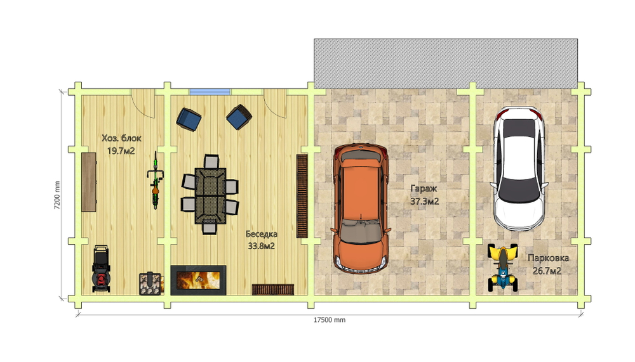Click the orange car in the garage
click(x=361, y=209)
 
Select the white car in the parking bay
click(x=519, y=168)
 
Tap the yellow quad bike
click(x=502, y=268)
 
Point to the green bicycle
click(x=155, y=180)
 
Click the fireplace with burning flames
click(x=198, y=280)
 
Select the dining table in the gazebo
click(x=210, y=196)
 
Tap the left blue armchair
click(x=189, y=119)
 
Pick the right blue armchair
click(x=239, y=117)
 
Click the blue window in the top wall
click(x=210, y=92)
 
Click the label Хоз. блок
click(x=121, y=138)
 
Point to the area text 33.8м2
click(x=261, y=246)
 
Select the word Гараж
click(x=424, y=189)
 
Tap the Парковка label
click(x=548, y=258)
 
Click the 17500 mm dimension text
click(x=330, y=320)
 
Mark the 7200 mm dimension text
click(x=57, y=195)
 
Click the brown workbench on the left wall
click(x=89, y=182)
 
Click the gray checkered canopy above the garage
click(x=446, y=63)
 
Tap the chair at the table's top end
click(x=211, y=162)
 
